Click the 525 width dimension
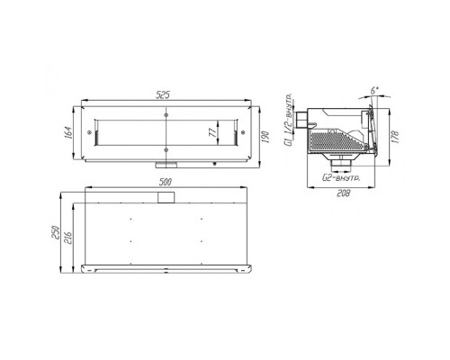163,95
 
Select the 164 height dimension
67,132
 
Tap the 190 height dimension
265,137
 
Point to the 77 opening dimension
212,132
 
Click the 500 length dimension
166,182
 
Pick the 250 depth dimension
56,232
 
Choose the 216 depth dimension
67,238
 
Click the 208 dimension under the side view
343,193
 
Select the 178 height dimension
395,137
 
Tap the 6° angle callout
373,91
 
